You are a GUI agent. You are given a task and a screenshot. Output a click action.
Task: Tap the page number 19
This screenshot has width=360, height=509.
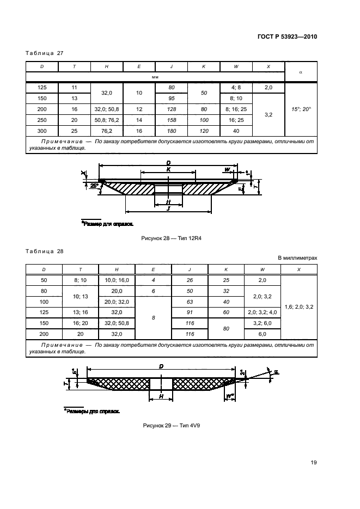(314, 463)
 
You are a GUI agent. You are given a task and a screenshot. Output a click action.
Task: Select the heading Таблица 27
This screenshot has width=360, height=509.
(45, 53)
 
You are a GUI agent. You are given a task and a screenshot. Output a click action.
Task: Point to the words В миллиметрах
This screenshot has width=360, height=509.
(297, 259)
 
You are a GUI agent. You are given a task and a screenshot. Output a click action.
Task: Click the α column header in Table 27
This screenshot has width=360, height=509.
(301, 71)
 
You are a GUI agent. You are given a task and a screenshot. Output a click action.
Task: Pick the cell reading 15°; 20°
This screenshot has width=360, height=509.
(301, 109)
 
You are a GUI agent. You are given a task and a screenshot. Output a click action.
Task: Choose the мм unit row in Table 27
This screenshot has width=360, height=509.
(155, 77)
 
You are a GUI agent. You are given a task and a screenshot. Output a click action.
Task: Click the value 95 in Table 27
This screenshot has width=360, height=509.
(172, 99)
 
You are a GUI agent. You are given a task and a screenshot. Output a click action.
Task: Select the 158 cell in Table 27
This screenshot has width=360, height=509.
(172, 120)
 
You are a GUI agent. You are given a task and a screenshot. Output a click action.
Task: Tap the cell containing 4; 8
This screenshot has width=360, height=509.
(236, 88)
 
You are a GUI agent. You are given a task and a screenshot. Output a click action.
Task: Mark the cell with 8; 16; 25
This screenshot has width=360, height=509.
(236, 109)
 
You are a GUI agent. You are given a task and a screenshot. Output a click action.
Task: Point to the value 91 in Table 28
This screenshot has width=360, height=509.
(190, 312)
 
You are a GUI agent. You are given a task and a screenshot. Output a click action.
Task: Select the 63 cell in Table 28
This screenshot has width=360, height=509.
(190, 302)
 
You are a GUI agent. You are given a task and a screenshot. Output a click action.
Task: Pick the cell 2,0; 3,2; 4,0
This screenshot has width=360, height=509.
(263, 312)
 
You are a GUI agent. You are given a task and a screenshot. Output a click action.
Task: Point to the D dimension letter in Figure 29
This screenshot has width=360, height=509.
(161, 367)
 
